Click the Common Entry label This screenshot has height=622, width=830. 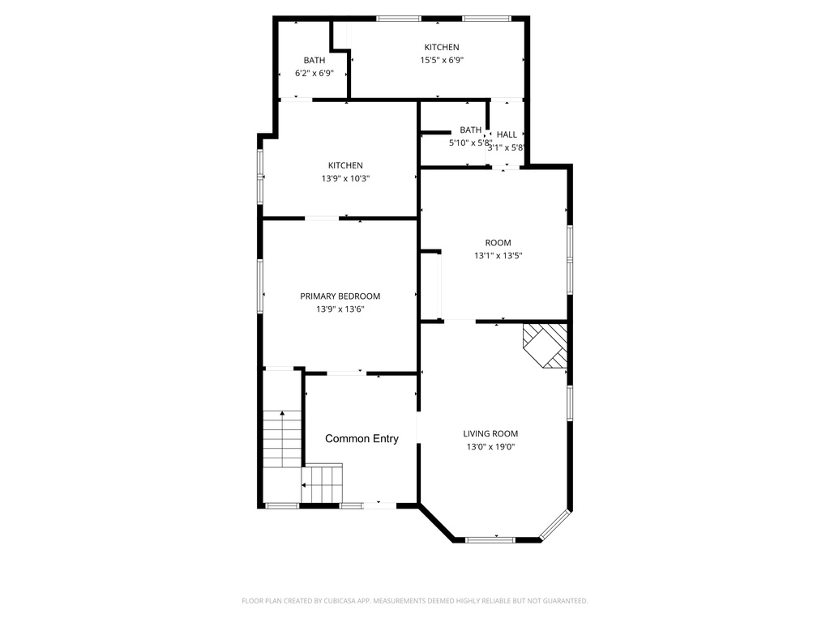(x=362, y=438)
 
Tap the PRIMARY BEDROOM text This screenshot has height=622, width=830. (x=340, y=296)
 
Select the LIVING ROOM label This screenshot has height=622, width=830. (x=490, y=434)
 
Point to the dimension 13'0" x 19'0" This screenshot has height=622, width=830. (x=490, y=447)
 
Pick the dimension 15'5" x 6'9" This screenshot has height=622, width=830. (x=442, y=60)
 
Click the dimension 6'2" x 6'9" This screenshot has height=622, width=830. (x=314, y=74)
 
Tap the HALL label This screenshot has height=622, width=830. (x=507, y=135)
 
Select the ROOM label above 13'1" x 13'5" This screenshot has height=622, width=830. (x=498, y=243)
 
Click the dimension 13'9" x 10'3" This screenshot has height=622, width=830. (x=345, y=179)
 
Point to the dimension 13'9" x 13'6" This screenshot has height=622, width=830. (x=340, y=309)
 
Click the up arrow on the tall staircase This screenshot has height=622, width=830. (x=283, y=413)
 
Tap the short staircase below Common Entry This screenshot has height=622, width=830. (x=322, y=484)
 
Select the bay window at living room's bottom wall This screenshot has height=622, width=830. (x=490, y=540)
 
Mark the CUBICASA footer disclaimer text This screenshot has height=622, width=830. (x=414, y=601)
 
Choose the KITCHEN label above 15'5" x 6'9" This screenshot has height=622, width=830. (x=442, y=47)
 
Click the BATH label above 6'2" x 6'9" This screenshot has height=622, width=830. (x=314, y=60)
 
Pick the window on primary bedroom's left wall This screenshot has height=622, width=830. (x=260, y=286)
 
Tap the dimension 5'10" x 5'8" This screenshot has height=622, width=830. (x=470, y=143)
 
